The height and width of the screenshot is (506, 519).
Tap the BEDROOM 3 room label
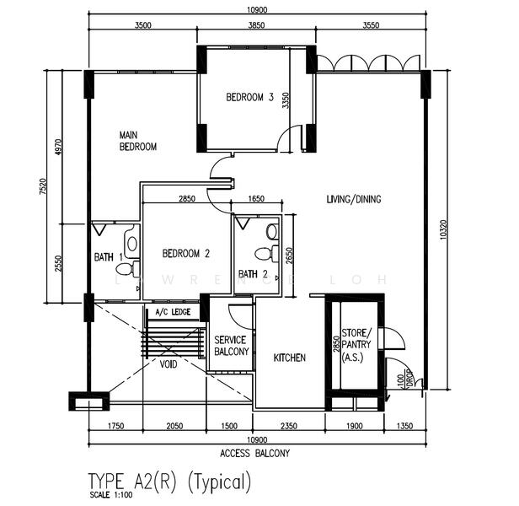click(250, 97)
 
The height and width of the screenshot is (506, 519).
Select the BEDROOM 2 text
click(185, 253)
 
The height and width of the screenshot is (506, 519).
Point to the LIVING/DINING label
click(354, 200)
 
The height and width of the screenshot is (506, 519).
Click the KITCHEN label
click(289, 358)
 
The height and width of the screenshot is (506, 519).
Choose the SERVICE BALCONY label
click(231, 345)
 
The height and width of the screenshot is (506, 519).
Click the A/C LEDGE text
click(174, 312)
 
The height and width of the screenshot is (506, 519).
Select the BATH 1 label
click(108, 256)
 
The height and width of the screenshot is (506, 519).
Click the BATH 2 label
click(253, 274)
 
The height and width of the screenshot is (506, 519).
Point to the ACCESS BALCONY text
click(254, 453)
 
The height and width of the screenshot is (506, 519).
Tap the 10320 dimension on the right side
click(440, 230)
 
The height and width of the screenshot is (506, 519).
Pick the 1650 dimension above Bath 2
click(257, 199)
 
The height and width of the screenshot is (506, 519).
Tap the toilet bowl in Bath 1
click(124, 269)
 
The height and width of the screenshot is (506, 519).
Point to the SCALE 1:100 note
click(110, 495)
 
